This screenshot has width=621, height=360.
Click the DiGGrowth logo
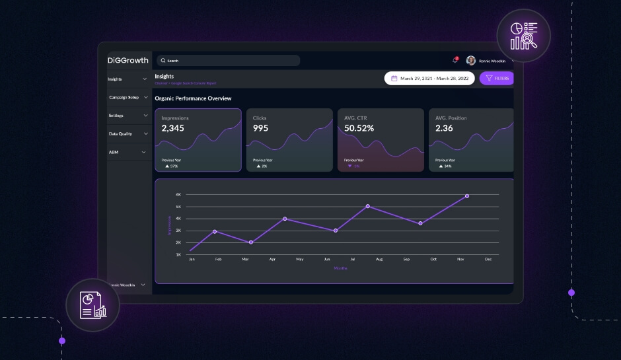[128, 60]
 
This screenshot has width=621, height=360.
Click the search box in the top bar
[228, 61]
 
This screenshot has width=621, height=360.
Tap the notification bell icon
[455, 60]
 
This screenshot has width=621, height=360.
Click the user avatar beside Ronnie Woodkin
[470, 60]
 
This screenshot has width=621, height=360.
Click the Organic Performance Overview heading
[193, 98]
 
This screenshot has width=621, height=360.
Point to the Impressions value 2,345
[173, 128]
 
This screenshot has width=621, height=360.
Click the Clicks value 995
[260, 128]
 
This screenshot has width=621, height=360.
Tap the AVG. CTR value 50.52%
[359, 128]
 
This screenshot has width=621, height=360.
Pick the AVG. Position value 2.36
[444, 128]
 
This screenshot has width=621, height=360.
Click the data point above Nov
[466, 196]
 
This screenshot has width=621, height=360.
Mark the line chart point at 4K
[285, 219]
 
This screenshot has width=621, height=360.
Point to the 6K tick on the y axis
[178, 195]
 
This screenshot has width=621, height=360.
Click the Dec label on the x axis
[488, 259]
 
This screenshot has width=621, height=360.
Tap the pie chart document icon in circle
[92, 305]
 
